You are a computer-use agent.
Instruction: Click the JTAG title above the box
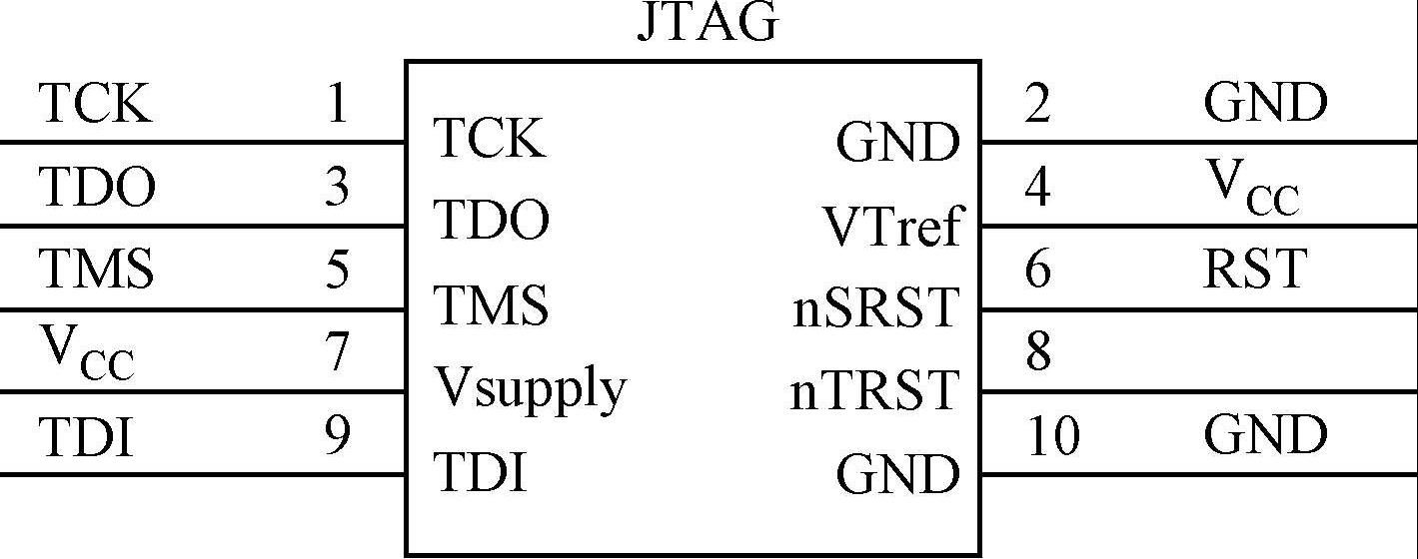(707, 22)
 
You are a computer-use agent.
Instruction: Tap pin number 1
(337, 103)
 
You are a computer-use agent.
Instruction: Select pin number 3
(337, 187)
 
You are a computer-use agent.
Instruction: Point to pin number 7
(337, 352)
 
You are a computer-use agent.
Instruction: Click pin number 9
(337, 436)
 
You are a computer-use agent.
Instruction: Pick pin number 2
(1038, 103)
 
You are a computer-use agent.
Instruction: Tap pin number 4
(1038, 187)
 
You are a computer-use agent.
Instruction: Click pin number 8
(1038, 352)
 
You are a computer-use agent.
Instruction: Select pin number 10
(1053, 436)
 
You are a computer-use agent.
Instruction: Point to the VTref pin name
(891, 227)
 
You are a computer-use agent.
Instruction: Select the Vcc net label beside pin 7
(87, 354)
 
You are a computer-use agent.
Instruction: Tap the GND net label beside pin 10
(1265, 436)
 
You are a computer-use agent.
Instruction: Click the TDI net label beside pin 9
(86, 436)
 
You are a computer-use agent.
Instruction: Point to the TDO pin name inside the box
(492, 220)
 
